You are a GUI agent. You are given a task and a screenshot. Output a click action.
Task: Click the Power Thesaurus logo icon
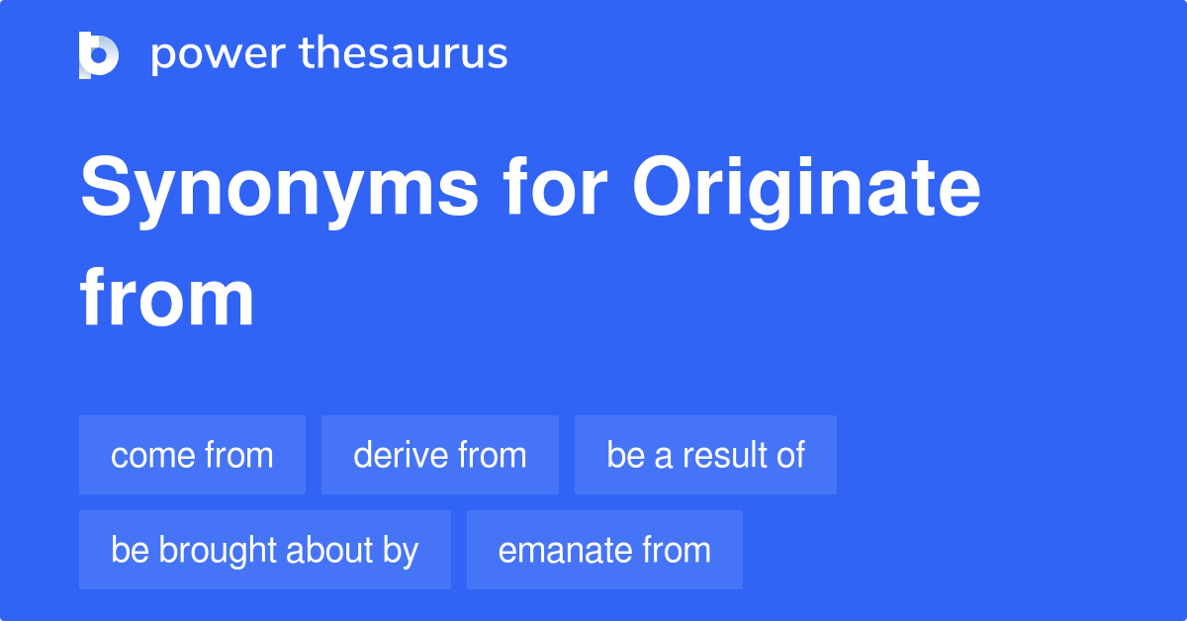point(99,54)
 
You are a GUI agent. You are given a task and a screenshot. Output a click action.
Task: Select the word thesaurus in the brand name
point(404,54)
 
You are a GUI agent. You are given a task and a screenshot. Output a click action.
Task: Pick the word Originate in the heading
point(807,190)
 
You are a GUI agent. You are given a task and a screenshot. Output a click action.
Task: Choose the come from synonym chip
point(192,455)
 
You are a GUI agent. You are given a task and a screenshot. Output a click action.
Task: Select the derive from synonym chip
point(439,455)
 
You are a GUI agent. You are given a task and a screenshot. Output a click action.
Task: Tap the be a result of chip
point(705,455)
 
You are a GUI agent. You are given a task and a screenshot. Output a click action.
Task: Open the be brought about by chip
point(264,550)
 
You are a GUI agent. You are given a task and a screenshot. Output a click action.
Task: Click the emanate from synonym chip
point(604,550)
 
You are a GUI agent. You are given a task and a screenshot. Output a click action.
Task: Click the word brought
point(220,551)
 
